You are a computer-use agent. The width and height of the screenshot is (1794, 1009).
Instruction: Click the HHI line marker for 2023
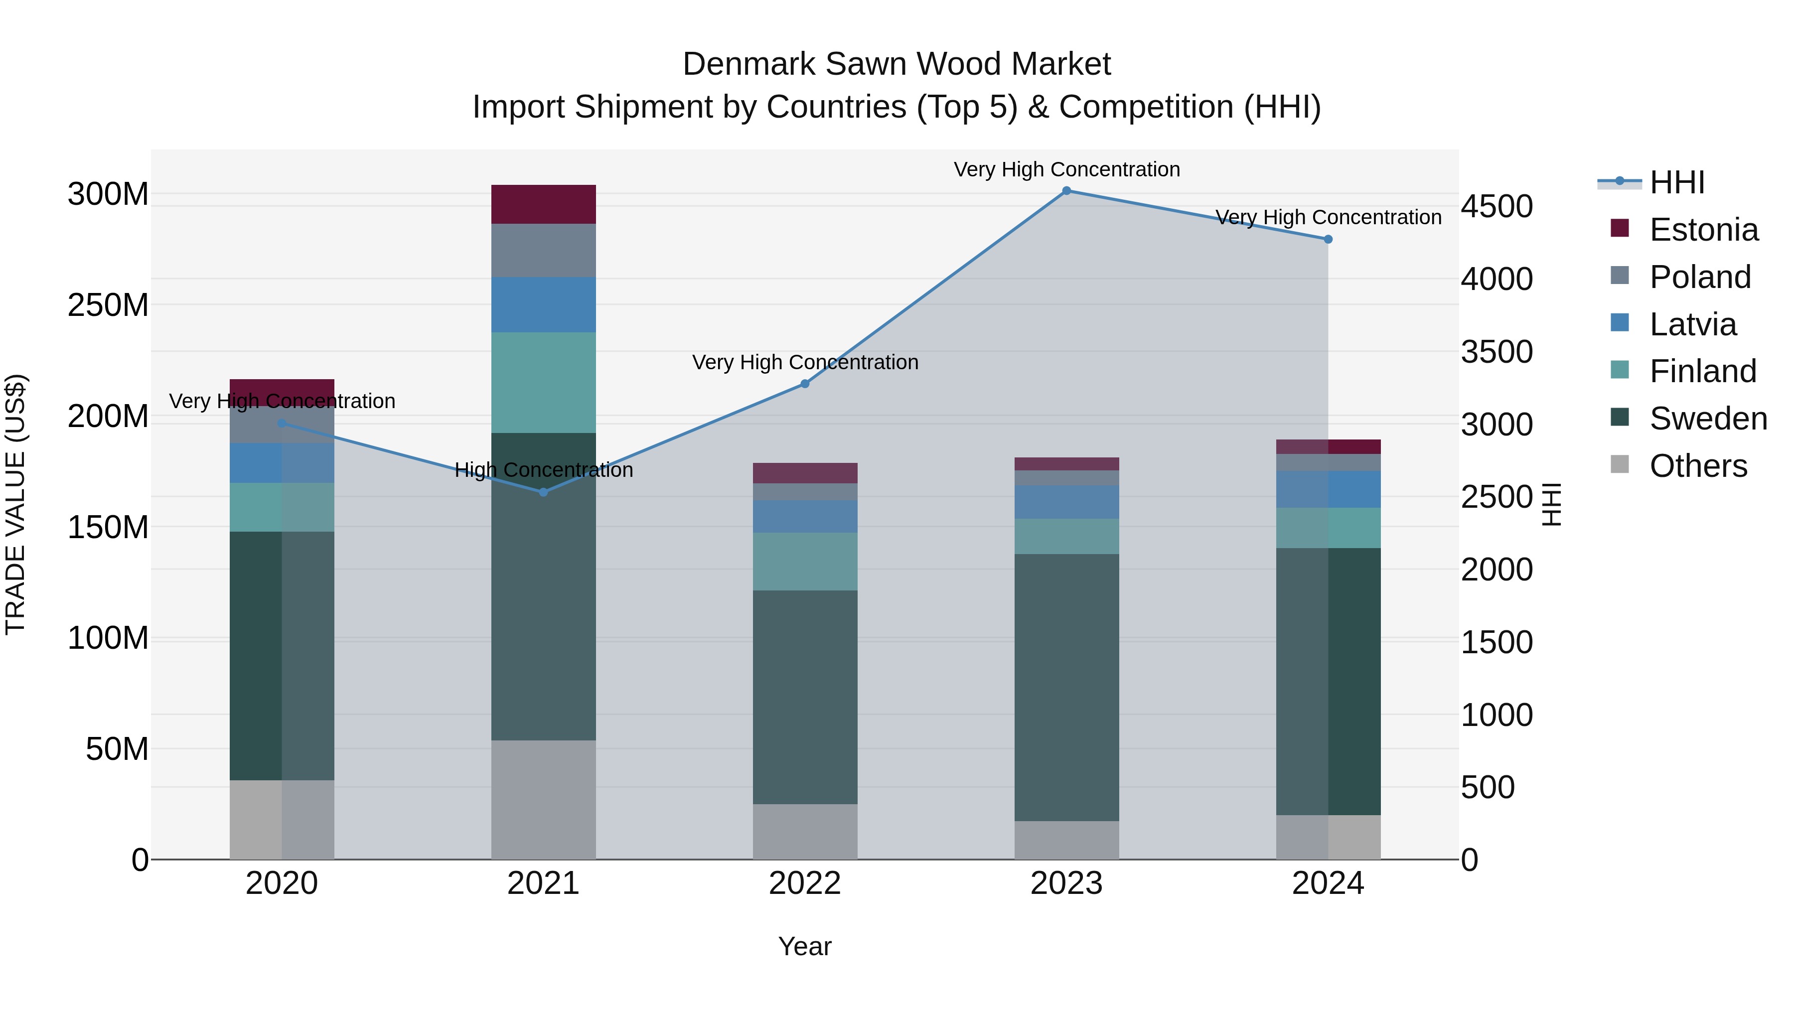pos(1066,191)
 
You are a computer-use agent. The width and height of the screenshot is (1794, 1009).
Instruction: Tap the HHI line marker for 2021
pos(543,492)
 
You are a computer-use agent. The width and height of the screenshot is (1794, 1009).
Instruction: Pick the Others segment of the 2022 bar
pos(805,832)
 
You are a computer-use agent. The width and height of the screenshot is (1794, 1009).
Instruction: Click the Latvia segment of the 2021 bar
pos(543,304)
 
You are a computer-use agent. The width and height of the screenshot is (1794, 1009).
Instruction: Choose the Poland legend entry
pos(1699,277)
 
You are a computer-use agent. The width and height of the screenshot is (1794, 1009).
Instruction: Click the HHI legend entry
pos(1676,182)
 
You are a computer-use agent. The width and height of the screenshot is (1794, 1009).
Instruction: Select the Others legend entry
pos(1698,466)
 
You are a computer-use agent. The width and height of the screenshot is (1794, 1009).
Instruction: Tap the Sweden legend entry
pos(1708,419)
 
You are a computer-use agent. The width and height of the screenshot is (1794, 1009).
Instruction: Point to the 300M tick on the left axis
pos(108,194)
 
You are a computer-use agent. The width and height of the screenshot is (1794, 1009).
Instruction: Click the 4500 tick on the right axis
pos(1496,207)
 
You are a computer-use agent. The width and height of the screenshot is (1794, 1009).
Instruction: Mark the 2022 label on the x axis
pos(805,883)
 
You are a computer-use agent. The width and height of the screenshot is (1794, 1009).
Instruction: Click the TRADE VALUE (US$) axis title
pos(15,504)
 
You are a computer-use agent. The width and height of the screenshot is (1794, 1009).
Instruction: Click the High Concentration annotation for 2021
pos(543,470)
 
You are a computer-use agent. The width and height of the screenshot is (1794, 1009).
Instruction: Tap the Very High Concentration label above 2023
pos(1066,169)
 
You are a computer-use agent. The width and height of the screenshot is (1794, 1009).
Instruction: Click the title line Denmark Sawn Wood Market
pos(897,64)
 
